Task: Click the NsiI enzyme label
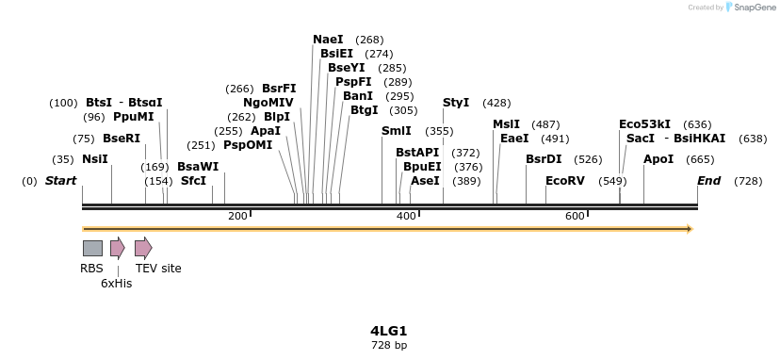(95, 159)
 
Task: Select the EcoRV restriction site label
(565, 181)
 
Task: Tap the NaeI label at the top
(328, 40)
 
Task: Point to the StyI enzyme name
(456, 103)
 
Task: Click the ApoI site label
(658, 159)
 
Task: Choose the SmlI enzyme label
(396, 131)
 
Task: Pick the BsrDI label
(544, 159)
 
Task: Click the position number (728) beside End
(748, 181)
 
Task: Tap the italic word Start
(60, 181)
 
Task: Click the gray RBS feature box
(92, 248)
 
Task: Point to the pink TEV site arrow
(143, 248)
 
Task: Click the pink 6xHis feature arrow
(117, 248)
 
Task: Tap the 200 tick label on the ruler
(237, 216)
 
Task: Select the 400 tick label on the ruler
(406, 216)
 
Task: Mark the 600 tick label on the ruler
(575, 216)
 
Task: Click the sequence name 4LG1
(388, 331)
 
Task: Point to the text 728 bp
(388, 346)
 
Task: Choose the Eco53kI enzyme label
(644, 123)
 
